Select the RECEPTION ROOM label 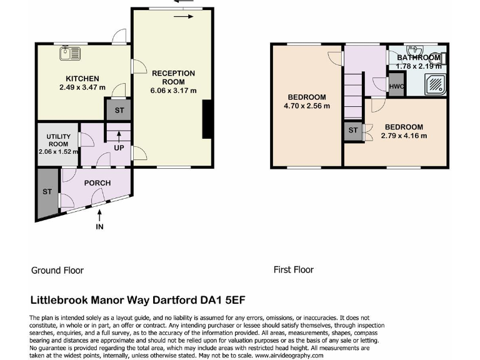[x=173, y=77]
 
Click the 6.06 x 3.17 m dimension [x=173, y=91]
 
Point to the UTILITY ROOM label [x=58, y=140]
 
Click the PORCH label [x=97, y=183]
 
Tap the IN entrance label [x=99, y=227]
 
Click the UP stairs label [x=118, y=148]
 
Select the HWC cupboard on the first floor [x=395, y=86]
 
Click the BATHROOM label [x=419, y=58]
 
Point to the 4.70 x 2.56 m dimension [x=306, y=106]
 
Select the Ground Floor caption [x=57, y=271]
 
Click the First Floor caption [x=294, y=270]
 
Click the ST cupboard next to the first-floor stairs [x=352, y=131]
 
